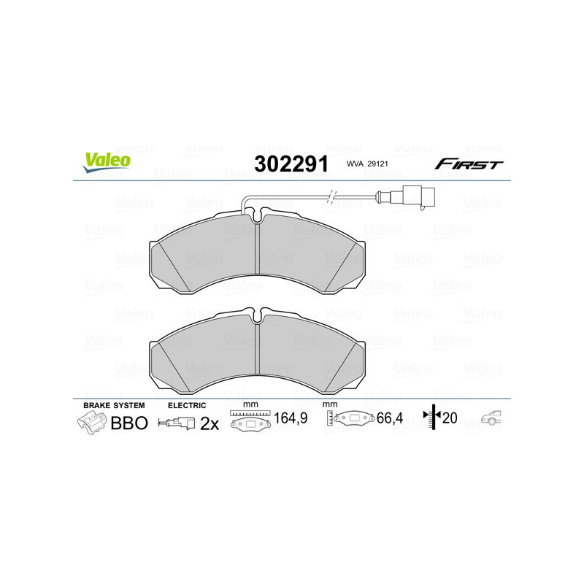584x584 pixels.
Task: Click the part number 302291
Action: (290, 163)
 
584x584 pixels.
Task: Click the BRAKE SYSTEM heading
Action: (114, 404)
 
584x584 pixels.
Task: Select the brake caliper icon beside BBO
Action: (91, 423)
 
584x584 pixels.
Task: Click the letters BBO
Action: (128, 423)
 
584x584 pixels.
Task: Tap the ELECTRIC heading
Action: (187, 404)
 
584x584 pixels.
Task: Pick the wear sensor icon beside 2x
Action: (177, 423)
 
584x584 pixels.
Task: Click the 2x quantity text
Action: (210, 423)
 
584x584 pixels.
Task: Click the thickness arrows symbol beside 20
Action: (433, 418)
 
